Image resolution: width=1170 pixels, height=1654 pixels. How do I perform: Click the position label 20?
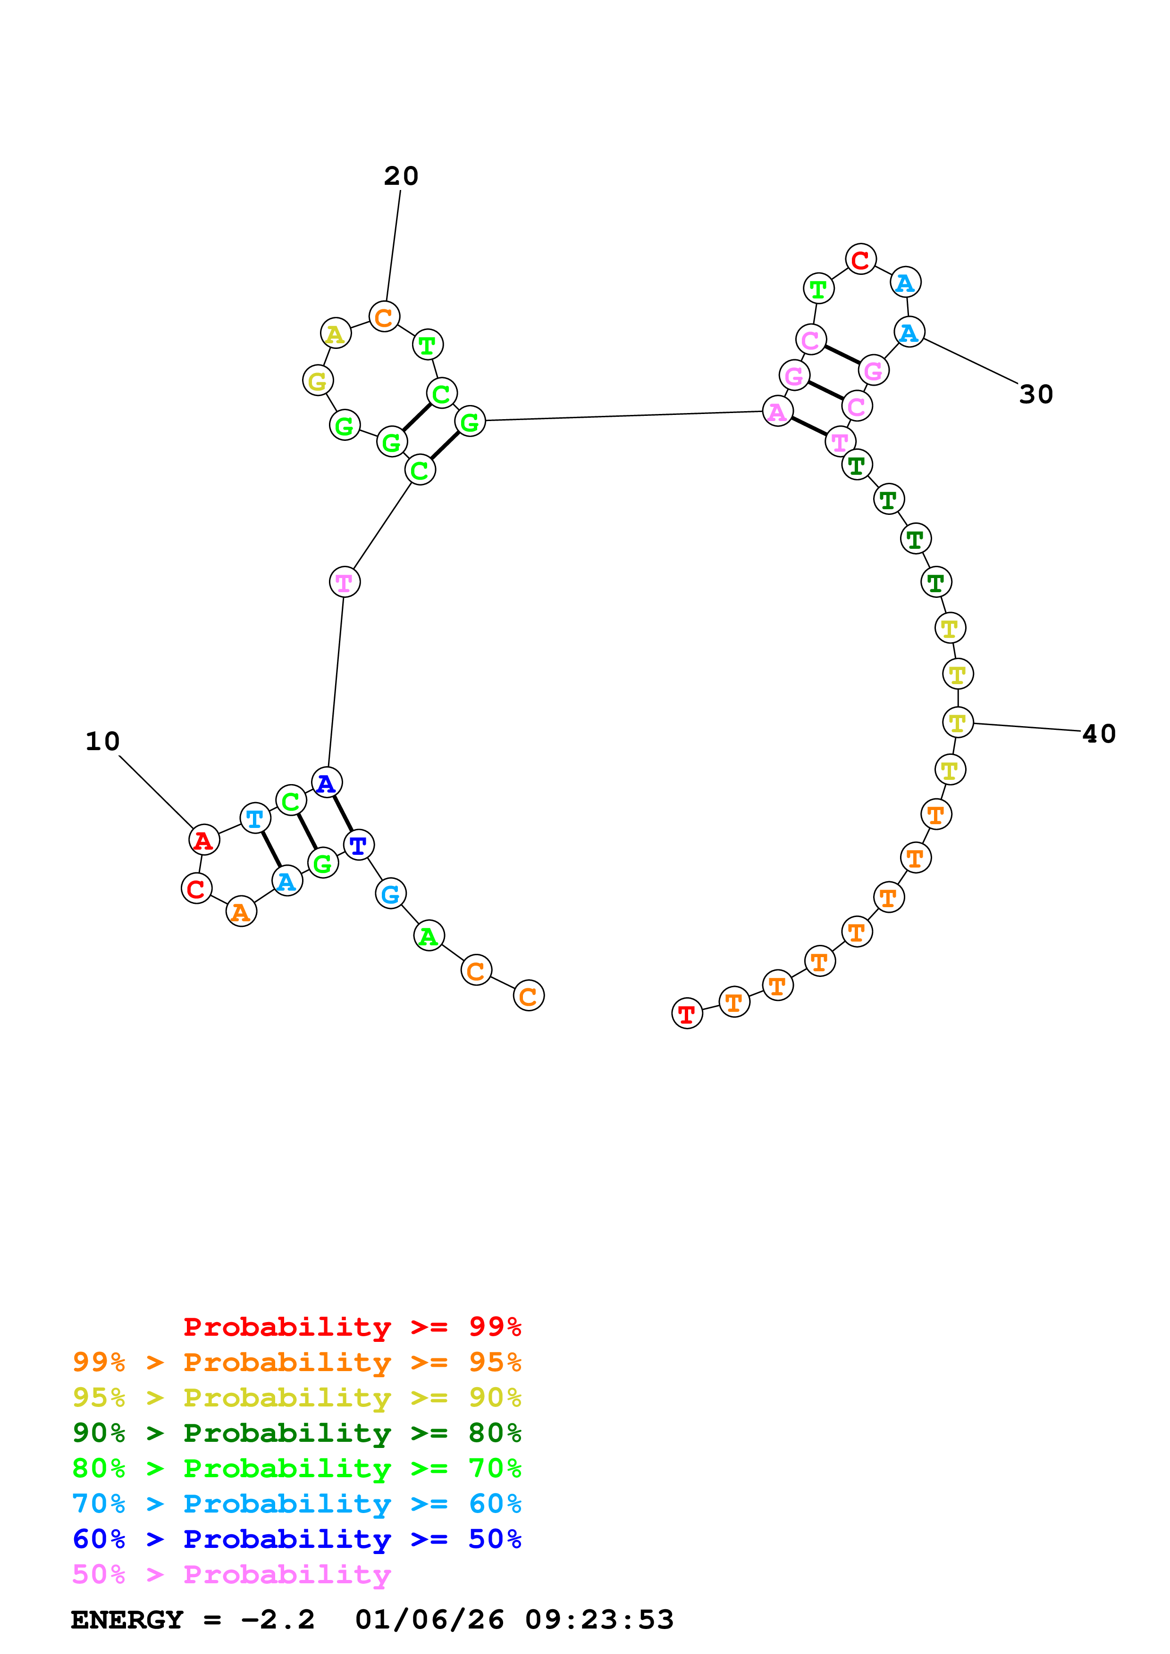pos(401,176)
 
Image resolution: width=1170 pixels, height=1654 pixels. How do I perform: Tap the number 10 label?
pos(102,741)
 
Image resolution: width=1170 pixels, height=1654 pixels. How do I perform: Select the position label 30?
pos(1036,394)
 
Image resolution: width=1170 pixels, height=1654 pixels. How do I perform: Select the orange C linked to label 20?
pos(384,316)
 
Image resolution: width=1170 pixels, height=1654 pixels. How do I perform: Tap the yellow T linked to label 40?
pos(957,722)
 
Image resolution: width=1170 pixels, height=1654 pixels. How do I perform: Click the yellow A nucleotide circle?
pos(335,333)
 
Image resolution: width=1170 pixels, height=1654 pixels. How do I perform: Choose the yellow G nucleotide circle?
pos(317,380)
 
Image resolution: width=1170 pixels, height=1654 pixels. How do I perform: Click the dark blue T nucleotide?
pos(358,844)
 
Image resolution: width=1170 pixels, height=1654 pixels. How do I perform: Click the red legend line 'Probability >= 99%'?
pos(352,1326)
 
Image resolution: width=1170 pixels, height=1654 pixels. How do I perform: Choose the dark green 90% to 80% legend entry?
pos(296,1433)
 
